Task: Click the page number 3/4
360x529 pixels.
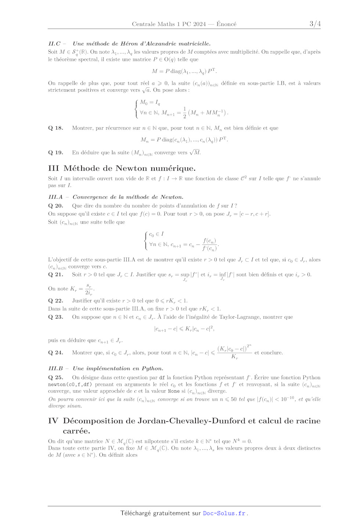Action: (x=315, y=24)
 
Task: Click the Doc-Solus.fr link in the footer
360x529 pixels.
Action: (x=224, y=513)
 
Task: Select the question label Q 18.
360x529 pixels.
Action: (x=55, y=128)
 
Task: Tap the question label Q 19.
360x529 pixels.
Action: (x=55, y=153)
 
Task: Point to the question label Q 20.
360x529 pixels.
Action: (x=55, y=206)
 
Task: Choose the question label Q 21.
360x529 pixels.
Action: (x=55, y=275)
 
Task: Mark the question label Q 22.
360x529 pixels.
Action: (x=55, y=301)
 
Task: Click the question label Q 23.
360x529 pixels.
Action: (x=55, y=317)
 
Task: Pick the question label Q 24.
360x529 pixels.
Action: (x=55, y=353)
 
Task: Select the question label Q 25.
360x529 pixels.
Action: (x=55, y=377)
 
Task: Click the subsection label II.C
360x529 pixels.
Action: (x=54, y=44)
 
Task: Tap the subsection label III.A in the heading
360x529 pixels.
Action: (x=55, y=197)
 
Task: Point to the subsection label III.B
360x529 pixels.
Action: (x=55, y=369)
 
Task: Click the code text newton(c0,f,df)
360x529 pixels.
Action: (x=70, y=385)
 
